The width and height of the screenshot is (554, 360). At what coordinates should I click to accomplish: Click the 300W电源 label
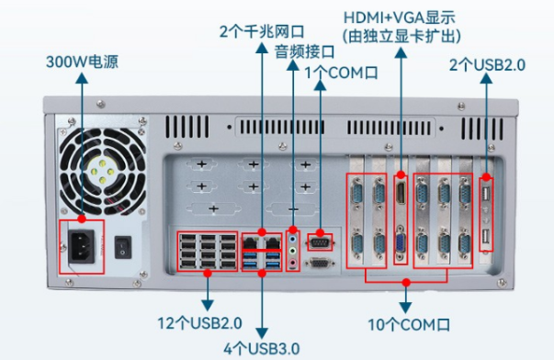coord(82,63)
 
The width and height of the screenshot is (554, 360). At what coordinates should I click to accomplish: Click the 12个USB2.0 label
coord(199,322)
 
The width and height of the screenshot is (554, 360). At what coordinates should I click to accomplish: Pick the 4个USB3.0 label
coord(265,347)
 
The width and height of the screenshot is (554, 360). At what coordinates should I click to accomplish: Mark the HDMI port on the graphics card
coord(401,194)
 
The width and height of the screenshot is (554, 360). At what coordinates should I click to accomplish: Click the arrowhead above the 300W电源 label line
coord(82,81)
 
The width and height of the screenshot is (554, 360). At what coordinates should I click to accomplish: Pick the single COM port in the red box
coord(318,241)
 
